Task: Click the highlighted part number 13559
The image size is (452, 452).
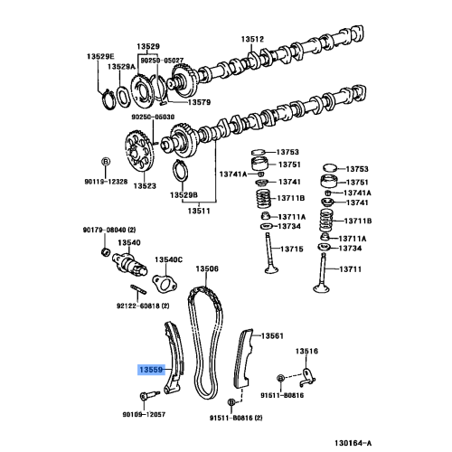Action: point(151,369)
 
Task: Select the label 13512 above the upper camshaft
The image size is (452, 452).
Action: point(252,39)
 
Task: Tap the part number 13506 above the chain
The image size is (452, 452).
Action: point(208,268)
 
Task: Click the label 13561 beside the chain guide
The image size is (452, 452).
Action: point(273,335)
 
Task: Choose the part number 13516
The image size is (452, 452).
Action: point(306,351)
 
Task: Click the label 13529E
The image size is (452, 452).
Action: point(101,56)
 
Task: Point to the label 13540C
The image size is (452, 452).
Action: point(167,260)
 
